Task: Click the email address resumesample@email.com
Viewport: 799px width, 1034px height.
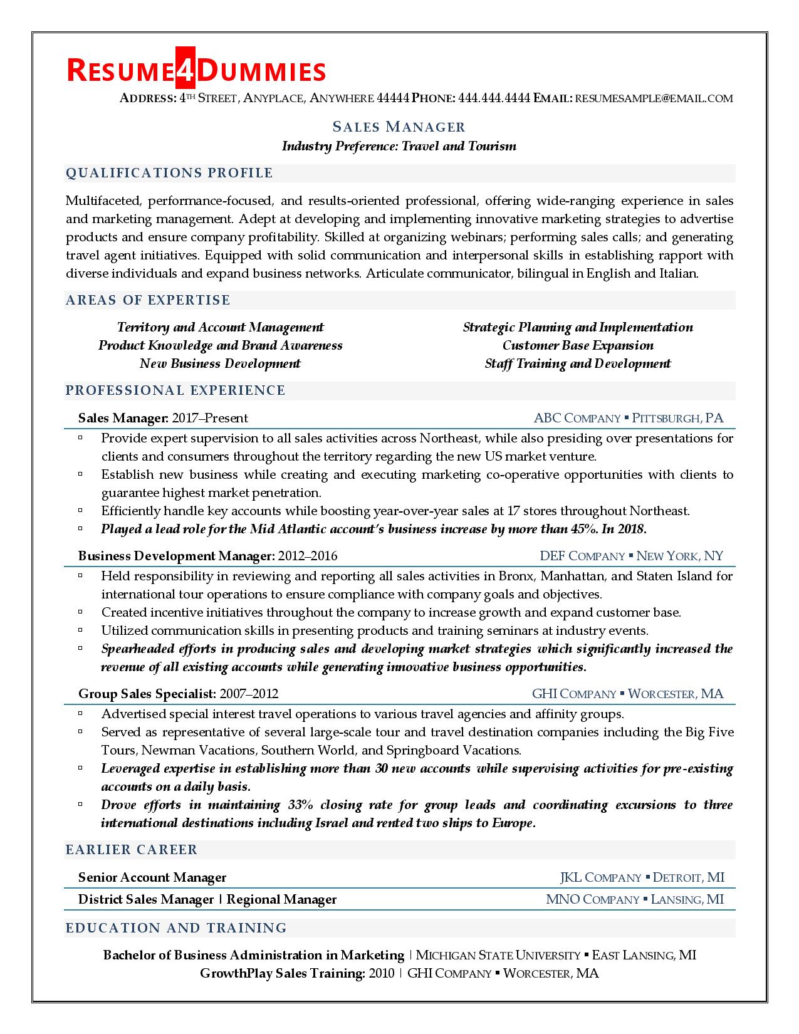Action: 654,98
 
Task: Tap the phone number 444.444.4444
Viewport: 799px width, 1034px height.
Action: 494,98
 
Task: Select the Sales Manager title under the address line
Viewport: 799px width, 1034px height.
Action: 399,127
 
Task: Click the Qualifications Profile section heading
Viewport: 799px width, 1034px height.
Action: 169,173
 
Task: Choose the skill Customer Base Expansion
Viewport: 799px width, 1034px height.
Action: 577,345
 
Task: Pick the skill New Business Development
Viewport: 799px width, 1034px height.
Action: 220,363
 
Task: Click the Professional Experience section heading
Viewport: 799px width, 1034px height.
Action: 175,390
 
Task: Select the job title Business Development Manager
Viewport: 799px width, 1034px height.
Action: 176,556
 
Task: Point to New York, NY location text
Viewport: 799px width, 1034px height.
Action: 680,556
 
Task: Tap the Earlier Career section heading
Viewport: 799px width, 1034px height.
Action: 132,850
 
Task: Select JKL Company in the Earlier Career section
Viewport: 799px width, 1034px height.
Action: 600,877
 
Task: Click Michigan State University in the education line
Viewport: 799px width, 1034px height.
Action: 498,956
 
